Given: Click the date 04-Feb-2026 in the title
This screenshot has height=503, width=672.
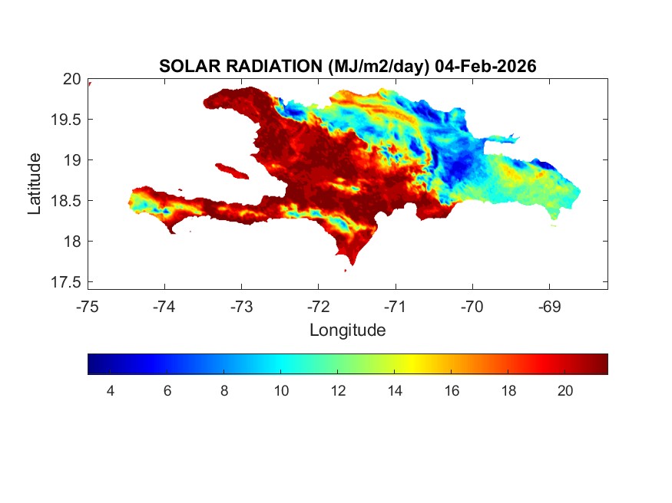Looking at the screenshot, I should (485, 67).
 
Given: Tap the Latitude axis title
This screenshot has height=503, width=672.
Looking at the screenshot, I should (35, 183).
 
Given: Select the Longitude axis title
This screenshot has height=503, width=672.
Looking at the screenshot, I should (347, 330).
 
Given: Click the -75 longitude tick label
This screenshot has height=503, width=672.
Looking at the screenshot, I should (88, 307).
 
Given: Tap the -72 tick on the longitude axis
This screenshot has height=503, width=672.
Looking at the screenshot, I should (319, 307).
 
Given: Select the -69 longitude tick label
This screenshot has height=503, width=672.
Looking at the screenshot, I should (549, 307).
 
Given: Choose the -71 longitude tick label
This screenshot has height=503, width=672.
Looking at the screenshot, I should (396, 307).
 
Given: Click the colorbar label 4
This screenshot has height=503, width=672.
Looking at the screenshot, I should (110, 391).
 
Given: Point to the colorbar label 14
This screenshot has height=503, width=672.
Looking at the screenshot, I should (395, 391).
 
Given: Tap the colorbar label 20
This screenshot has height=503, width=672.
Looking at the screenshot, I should (565, 391).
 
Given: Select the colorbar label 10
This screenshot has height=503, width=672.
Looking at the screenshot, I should (281, 391).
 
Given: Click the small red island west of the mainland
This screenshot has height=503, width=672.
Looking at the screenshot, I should (229, 169).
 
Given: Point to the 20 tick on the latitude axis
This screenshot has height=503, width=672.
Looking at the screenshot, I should (72, 79).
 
